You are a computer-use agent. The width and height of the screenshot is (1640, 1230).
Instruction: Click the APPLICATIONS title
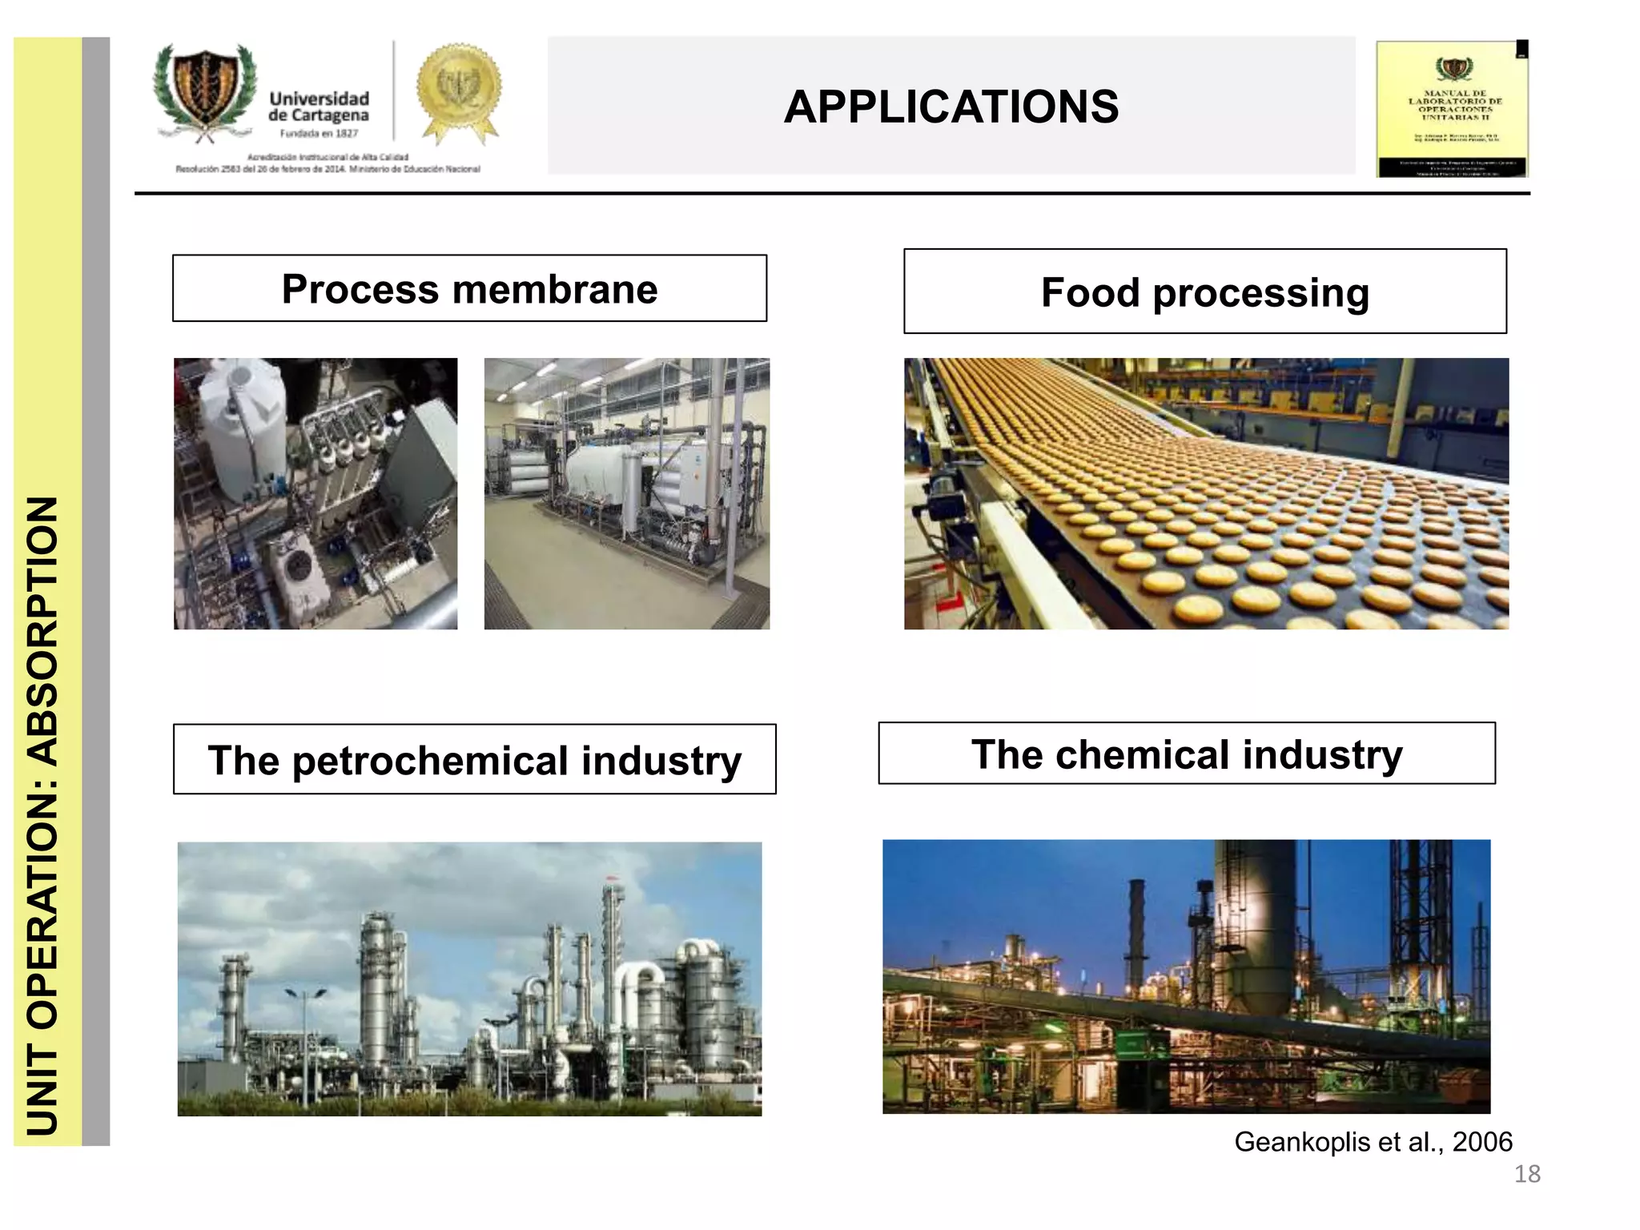[951, 107]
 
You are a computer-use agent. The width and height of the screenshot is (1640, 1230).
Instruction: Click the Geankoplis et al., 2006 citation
[1373, 1141]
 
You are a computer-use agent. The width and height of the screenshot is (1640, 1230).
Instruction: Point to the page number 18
[1527, 1174]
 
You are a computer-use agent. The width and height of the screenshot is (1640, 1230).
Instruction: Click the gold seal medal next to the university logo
[458, 90]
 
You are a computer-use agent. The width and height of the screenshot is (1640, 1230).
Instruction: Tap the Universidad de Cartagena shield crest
[206, 90]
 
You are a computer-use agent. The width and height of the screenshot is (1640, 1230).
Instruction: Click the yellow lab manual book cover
[1453, 110]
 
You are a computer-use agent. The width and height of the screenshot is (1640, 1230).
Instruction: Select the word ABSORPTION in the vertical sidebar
[44, 630]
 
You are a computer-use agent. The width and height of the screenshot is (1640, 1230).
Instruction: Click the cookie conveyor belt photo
[1206, 493]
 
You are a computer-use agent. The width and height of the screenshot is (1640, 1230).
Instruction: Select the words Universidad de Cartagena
[319, 107]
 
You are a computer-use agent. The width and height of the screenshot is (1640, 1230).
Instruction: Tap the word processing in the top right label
[1260, 292]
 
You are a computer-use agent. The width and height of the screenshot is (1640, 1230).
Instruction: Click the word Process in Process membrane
[360, 289]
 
